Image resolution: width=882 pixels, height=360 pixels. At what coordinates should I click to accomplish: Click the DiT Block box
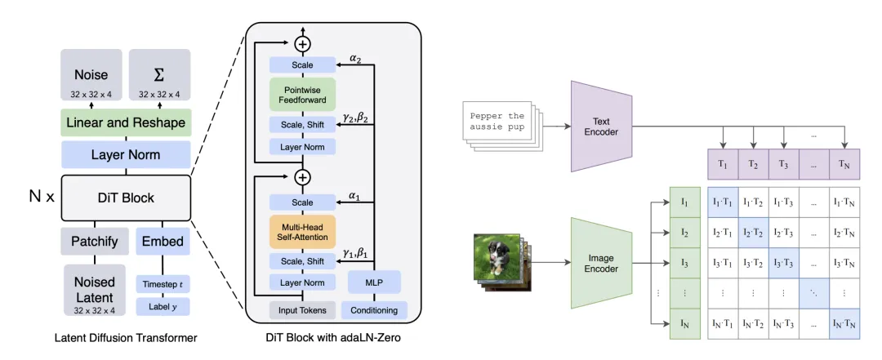point(125,198)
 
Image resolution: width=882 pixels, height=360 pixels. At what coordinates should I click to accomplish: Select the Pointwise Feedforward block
point(302,94)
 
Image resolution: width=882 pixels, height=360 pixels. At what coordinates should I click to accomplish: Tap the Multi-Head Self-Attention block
point(302,231)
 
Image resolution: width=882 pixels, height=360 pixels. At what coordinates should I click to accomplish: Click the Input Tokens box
point(302,309)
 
